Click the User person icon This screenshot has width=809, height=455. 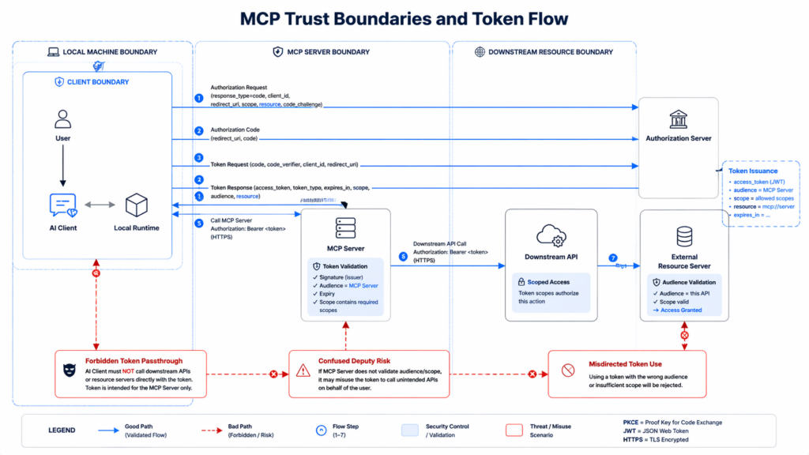[x=63, y=119]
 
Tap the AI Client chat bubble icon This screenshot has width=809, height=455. [x=63, y=205]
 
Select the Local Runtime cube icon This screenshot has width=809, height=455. [x=137, y=205]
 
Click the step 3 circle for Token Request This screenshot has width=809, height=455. [x=199, y=158]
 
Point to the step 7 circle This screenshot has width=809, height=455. [x=612, y=258]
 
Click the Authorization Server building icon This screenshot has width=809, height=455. [x=678, y=119]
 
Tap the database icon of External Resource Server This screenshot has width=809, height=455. [x=684, y=236]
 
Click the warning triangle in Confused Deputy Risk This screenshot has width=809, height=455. [x=303, y=370]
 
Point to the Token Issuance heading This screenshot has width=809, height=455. [x=752, y=171]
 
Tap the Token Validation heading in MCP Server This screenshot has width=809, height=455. [x=347, y=267]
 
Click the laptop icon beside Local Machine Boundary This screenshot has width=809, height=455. [x=54, y=52]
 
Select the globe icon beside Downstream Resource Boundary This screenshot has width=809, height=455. [x=479, y=52]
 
